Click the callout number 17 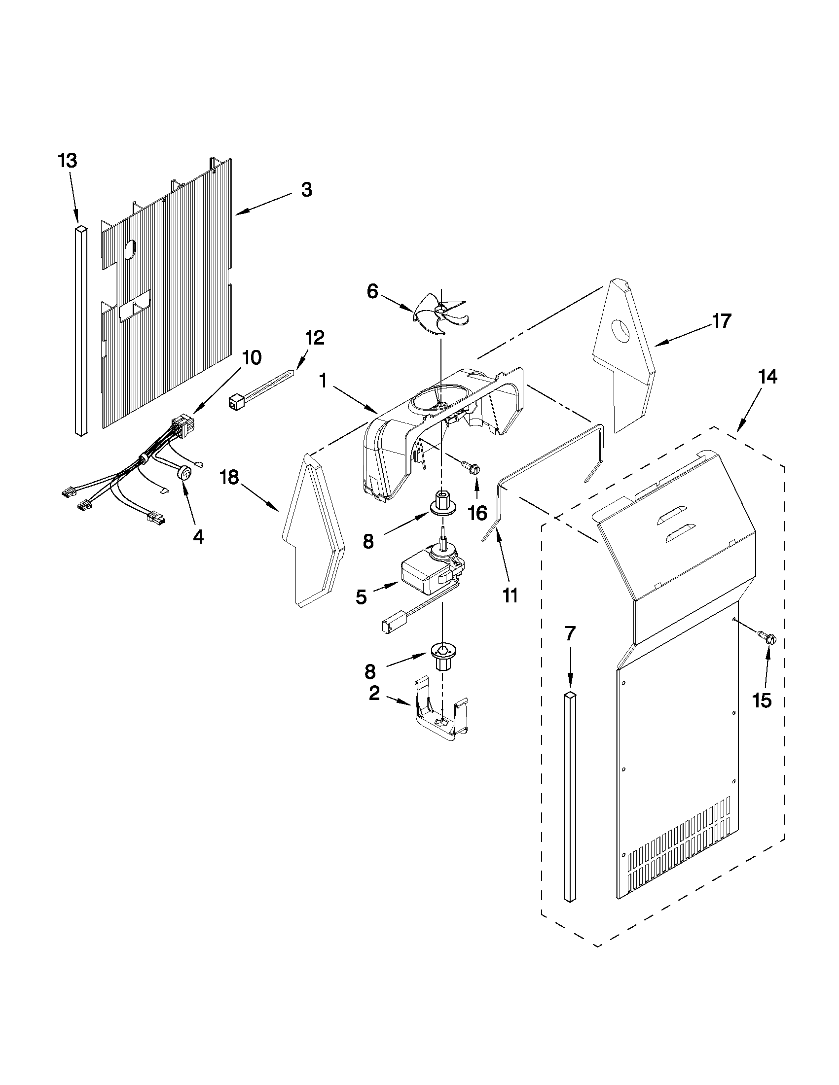point(722,321)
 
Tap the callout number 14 point(767,377)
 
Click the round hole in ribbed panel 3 point(129,250)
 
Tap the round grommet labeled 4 point(184,473)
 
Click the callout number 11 point(510,595)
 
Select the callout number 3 point(307,189)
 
